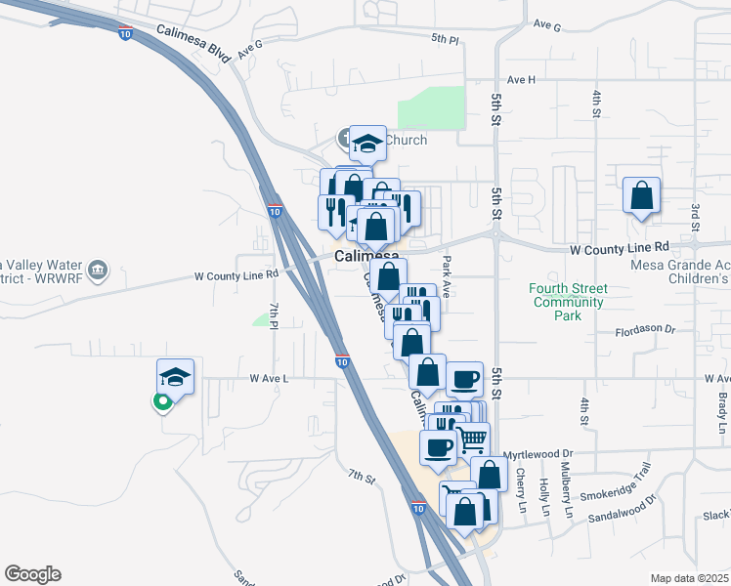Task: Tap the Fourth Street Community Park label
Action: click(568, 302)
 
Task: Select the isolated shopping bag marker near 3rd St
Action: click(641, 196)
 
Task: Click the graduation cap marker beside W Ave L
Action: click(175, 377)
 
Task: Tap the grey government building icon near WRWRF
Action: click(97, 270)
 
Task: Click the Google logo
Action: click(32, 574)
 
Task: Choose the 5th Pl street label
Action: click(445, 39)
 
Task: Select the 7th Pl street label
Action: click(276, 314)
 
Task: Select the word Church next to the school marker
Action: click(405, 140)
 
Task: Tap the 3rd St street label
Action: click(695, 217)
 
